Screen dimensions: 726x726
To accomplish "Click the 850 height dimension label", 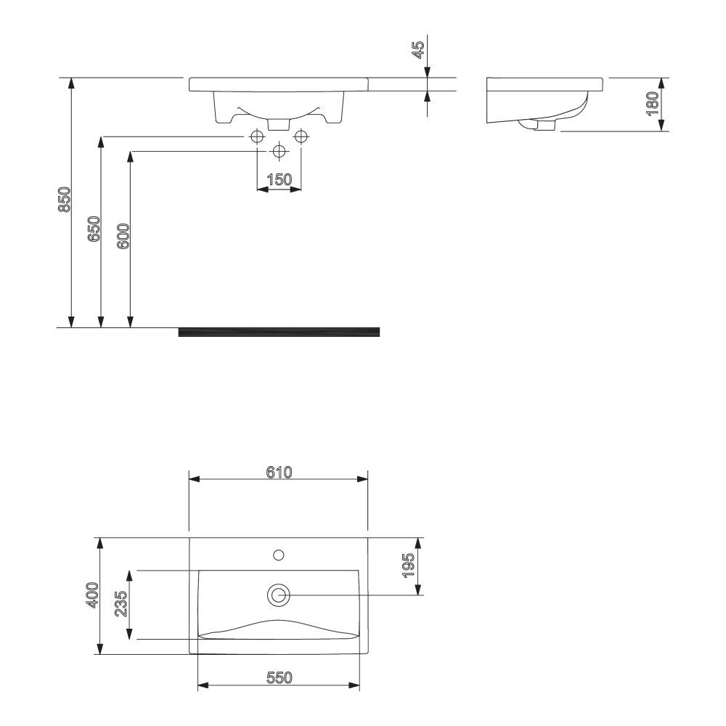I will (x=64, y=200).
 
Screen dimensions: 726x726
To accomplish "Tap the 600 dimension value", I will (x=123, y=237).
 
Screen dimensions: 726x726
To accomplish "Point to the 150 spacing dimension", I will (x=280, y=179).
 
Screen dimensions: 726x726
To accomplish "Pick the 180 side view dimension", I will (x=653, y=104).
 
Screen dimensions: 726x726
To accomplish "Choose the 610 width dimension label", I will (x=278, y=472).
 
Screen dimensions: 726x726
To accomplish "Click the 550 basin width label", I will (x=278, y=677).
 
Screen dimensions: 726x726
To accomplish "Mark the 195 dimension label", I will (x=409, y=566).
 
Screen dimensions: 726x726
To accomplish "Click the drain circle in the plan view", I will (x=278, y=595).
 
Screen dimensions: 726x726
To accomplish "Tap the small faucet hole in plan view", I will (x=278, y=555).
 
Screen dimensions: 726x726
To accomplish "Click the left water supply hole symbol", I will (x=257, y=136).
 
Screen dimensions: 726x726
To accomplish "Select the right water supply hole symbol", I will (x=301, y=136).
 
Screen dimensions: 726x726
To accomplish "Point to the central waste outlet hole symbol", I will (x=279, y=151).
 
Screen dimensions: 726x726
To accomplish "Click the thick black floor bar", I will (x=279, y=333).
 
